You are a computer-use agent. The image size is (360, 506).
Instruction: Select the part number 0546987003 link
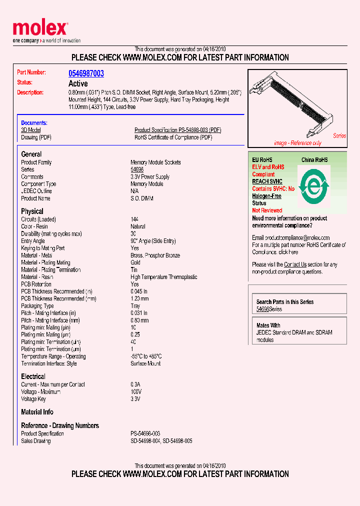point(86,73)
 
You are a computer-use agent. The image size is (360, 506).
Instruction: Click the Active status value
point(78,83)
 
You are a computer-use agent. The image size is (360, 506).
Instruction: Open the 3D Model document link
point(30,130)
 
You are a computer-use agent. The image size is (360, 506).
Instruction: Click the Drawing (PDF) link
point(36,137)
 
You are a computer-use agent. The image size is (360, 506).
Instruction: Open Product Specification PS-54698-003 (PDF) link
point(177,130)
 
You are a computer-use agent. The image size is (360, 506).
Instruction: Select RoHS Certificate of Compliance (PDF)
point(173,137)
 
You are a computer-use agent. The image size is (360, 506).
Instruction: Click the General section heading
point(31,154)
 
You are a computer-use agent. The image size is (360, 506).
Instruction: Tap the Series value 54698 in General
point(137,169)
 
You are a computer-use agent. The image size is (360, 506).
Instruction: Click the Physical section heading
point(32,211)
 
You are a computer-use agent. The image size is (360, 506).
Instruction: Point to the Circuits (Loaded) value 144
point(134,219)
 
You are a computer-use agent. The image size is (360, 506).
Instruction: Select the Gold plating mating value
point(136,262)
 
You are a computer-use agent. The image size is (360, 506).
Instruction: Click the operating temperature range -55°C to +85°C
point(146,356)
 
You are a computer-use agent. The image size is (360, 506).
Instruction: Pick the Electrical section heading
point(33,376)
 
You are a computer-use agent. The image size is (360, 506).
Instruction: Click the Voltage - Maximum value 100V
point(136,392)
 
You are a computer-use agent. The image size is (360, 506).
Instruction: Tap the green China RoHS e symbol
point(313,186)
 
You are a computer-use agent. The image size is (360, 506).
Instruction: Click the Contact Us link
point(295,264)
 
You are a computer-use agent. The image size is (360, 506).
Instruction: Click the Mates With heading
point(268,325)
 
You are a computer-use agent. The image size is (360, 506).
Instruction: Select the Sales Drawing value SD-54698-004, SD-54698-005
point(161,441)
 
